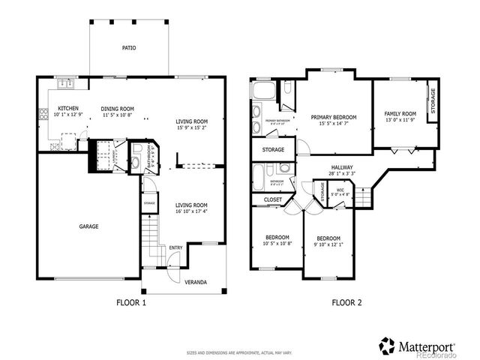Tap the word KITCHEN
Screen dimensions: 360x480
69,108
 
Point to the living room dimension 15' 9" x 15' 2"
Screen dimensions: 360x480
191,127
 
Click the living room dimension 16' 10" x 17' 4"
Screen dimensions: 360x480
191,211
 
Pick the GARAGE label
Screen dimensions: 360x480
88,226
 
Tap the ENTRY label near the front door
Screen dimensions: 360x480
175,247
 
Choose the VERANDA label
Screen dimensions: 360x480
196,283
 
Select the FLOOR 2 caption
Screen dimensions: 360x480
346,304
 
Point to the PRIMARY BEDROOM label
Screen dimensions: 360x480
333,117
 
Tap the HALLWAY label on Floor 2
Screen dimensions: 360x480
341,167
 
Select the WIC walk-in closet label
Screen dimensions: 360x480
340,190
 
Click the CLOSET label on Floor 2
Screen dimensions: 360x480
273,199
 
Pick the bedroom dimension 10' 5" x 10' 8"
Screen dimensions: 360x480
277,243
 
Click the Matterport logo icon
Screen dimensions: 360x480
386,346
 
